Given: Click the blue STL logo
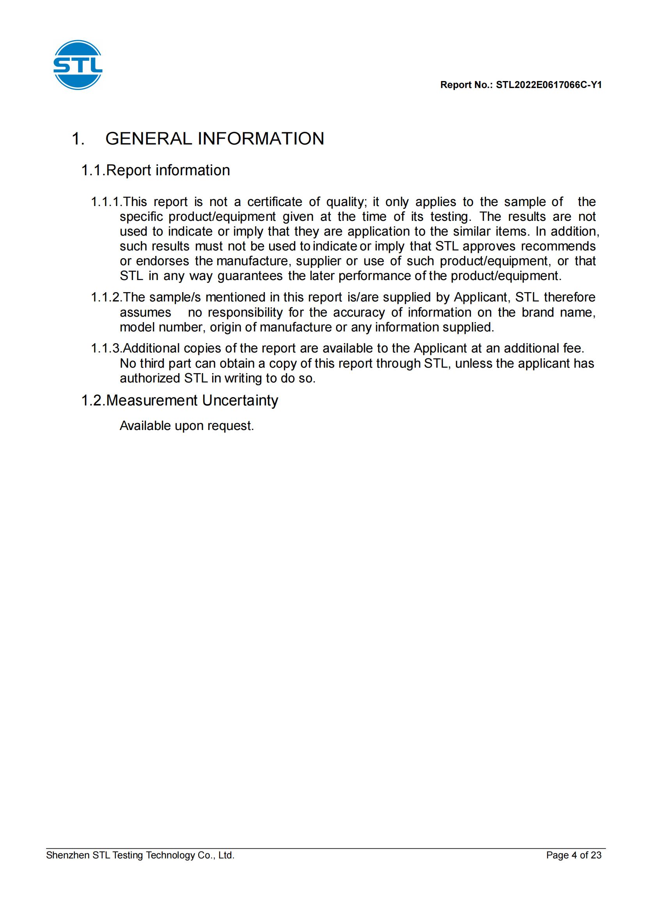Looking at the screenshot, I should tap(78, 65).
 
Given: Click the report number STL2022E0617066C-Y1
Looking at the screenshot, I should tap(549, 85).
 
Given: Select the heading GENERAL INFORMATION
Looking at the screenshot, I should tap(214, 139).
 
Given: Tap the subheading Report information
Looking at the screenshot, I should tap(168, 171).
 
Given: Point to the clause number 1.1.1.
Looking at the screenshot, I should tap(105, 203).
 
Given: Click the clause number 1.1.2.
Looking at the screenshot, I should tap(105, 298).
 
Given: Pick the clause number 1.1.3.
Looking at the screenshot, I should tap(105, 349).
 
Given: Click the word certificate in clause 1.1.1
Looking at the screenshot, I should tap(275, 203).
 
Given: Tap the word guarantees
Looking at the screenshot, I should tap(250, 276).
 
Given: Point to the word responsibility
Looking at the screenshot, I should tap(245, 313).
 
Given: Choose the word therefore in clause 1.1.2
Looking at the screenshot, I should tap(569, 298).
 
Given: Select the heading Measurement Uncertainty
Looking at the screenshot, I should tap(192, 401).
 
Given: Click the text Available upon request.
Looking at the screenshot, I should tap(187, 426).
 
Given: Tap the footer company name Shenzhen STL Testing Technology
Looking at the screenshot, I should tap(140, 855).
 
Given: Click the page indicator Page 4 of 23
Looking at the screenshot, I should tap(574, 855).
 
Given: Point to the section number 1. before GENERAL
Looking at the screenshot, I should tap(78, 139).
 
